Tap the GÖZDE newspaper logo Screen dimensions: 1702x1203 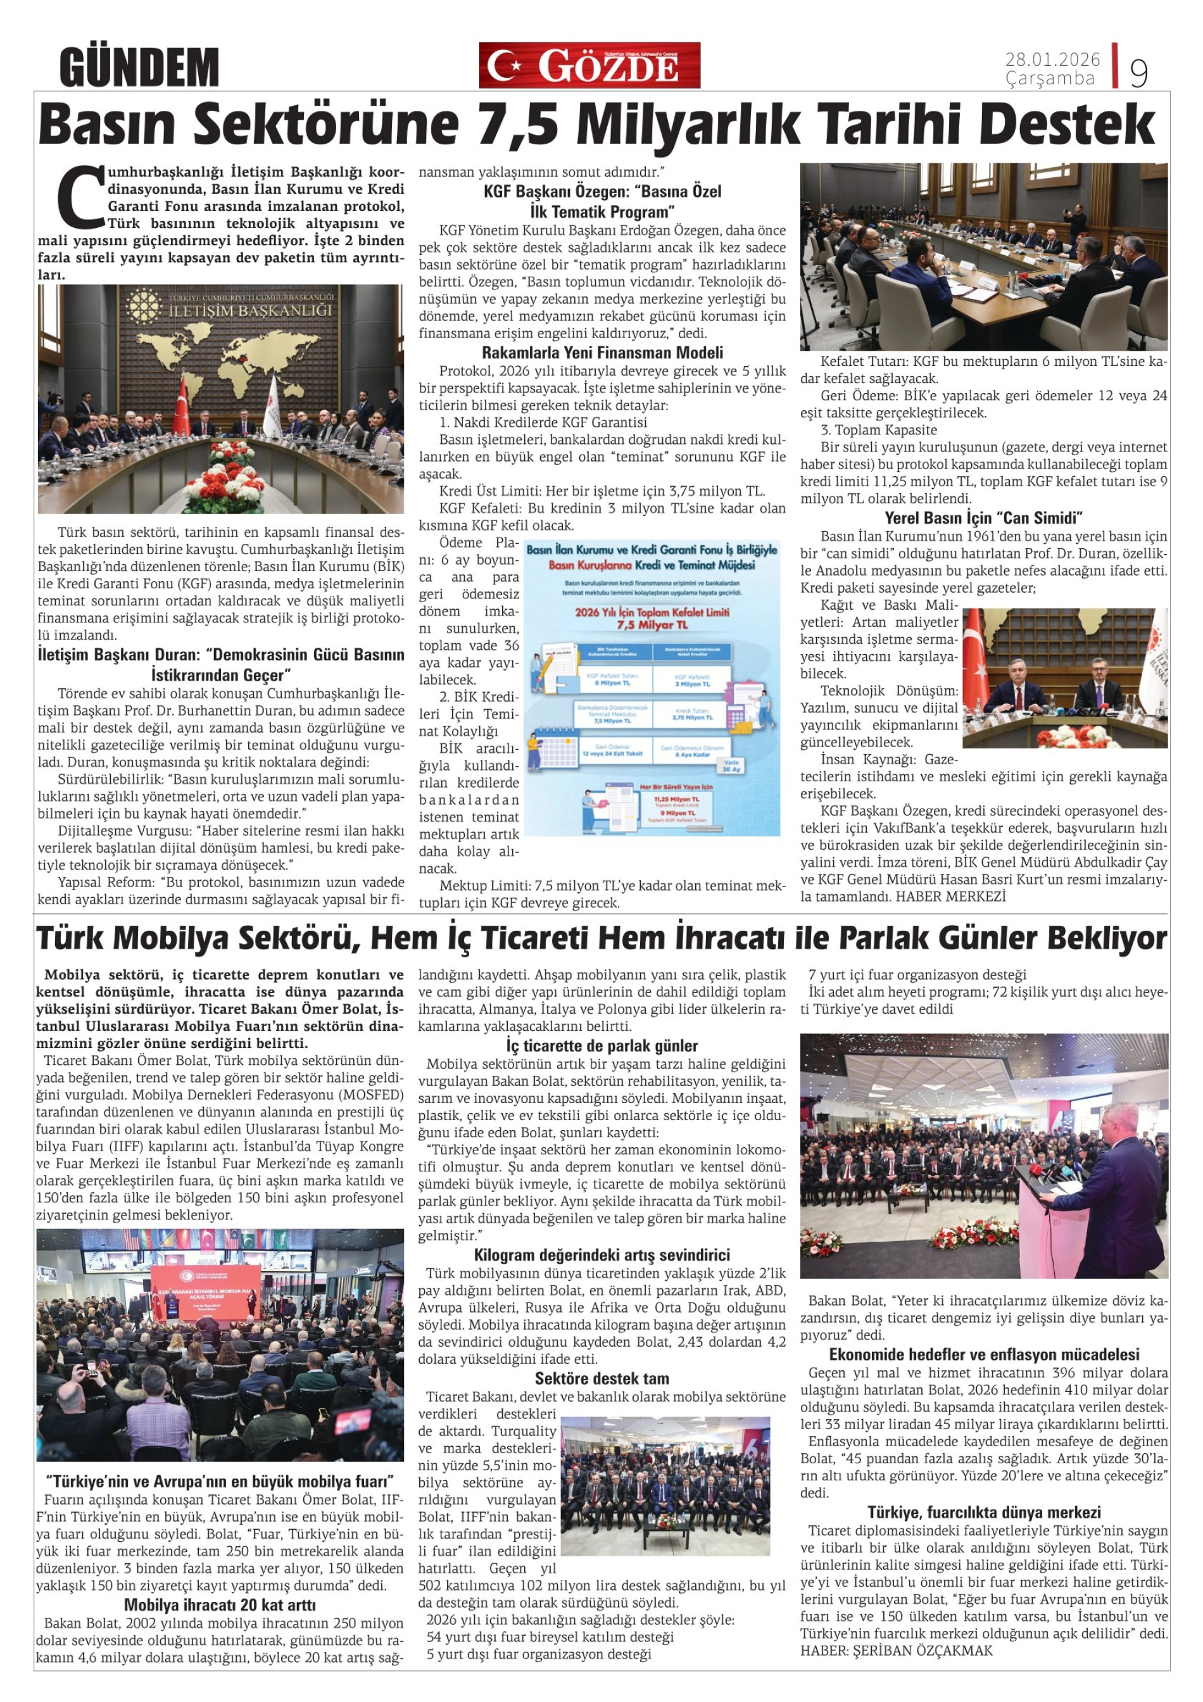pyautogui.click(x=589, y=66)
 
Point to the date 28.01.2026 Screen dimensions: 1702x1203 pyautogui.click(x=1052, y=60)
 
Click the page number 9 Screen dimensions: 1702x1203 pyautogui.click(x=1138, y=73)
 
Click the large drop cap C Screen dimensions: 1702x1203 pyautogui.click(x=81, y=195)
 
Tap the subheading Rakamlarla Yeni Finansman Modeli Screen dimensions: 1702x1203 pyautogui.click(x=602, y=353)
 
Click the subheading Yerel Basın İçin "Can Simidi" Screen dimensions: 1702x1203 pyautogui.click(x=983, y=517)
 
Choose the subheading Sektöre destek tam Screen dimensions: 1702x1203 pyautogui.click(x=602, y=1378)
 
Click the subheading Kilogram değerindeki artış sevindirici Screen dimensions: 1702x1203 pyautogui.click(x=602, y=1254)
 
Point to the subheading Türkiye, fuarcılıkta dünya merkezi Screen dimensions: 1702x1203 pyautogui.click(x=983, y=1511)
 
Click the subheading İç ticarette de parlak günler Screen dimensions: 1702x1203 pyautogui.click(x=602, y=1045)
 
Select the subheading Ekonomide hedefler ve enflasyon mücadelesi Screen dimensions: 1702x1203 pyautogui.click(x=983, y=1354)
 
